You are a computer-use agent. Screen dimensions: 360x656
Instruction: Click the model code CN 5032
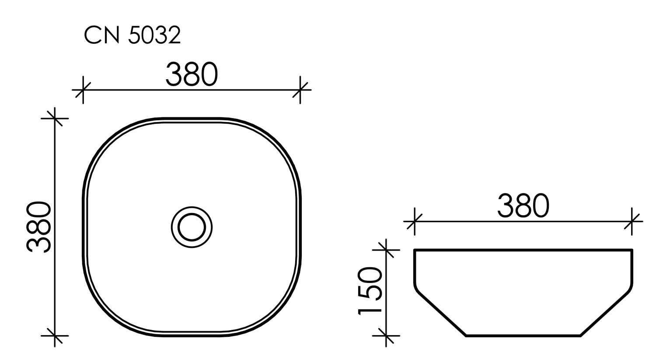pyautogui.click(x=132, y=36)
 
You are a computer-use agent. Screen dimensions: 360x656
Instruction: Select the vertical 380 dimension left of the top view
pyautogui.click(x=39, y=227)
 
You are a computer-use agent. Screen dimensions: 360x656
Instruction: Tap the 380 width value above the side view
pyautogui.click(x=523, y=206)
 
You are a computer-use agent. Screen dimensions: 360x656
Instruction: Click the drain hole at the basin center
pyautogui.click(x=192, y=227)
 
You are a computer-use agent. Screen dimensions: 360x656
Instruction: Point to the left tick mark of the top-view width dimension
pyautogui.click(x=83, y=90)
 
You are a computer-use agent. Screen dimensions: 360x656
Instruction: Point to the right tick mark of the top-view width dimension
pyautogui.click(x=300, y=90)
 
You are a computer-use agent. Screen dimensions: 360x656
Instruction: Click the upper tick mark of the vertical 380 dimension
pyautogui.click(x=55, y=118)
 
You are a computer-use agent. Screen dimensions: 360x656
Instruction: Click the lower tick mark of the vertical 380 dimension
pyautogui.click(x=55, y=336)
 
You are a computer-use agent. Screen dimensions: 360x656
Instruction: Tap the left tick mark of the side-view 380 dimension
pyautogui.click(x=414, y=222)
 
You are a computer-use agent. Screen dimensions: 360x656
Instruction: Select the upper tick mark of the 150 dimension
pyautogui.click(x=386, y=250)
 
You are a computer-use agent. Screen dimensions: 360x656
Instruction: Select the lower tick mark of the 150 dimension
pyautogui.click(x=386, y=336)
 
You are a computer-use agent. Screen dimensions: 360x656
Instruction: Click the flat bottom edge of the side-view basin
pyautogui.click(x=523, y=336)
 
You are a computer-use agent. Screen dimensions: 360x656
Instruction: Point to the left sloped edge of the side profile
pyautogui.click(x=442, y=314)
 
